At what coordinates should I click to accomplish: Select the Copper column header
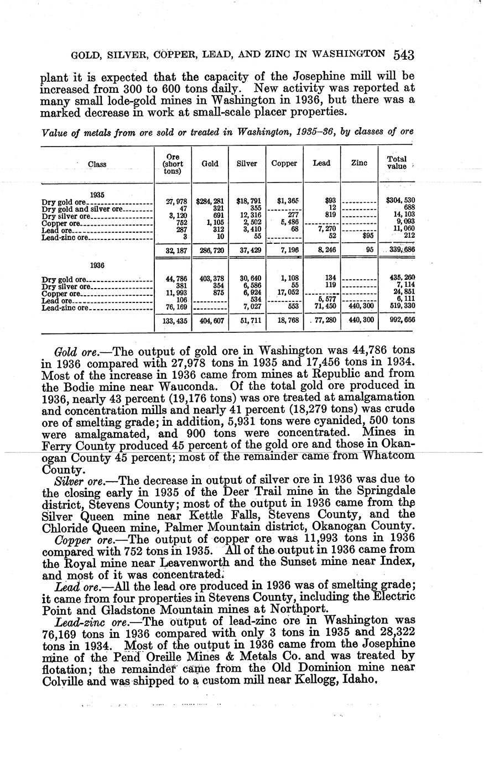pyautogui.click(x=284, y=164)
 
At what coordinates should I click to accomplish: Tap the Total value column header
pyautogui.click(x=397, y=163)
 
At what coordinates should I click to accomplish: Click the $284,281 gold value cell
pyautogui.click(x=210, y=201)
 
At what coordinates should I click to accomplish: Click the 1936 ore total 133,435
pyautogui.click(x=172, y=320)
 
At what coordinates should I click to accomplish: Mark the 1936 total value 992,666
pyautogui.click(x=397, y=320)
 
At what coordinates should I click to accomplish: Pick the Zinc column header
pyautogui.click(x=359, y=164)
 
